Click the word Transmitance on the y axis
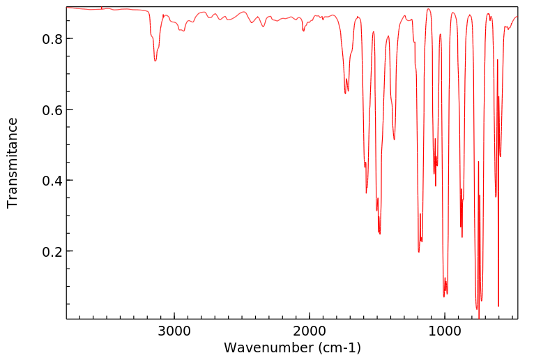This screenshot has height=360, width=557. (13, 163)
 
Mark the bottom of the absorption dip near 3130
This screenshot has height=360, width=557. (155, 61)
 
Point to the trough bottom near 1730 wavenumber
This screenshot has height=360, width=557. (345, 93)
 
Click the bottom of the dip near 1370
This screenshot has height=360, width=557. (395, 140)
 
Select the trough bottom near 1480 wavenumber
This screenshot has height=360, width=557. (380, 234)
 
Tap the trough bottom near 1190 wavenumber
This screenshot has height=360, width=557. (419, 252)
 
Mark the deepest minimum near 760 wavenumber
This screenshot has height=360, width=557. (478, 308)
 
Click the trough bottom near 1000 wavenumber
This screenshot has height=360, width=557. (444, 297)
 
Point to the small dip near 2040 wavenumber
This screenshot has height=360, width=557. (303, 31)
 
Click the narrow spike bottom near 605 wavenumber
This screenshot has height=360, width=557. (498, 306)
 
